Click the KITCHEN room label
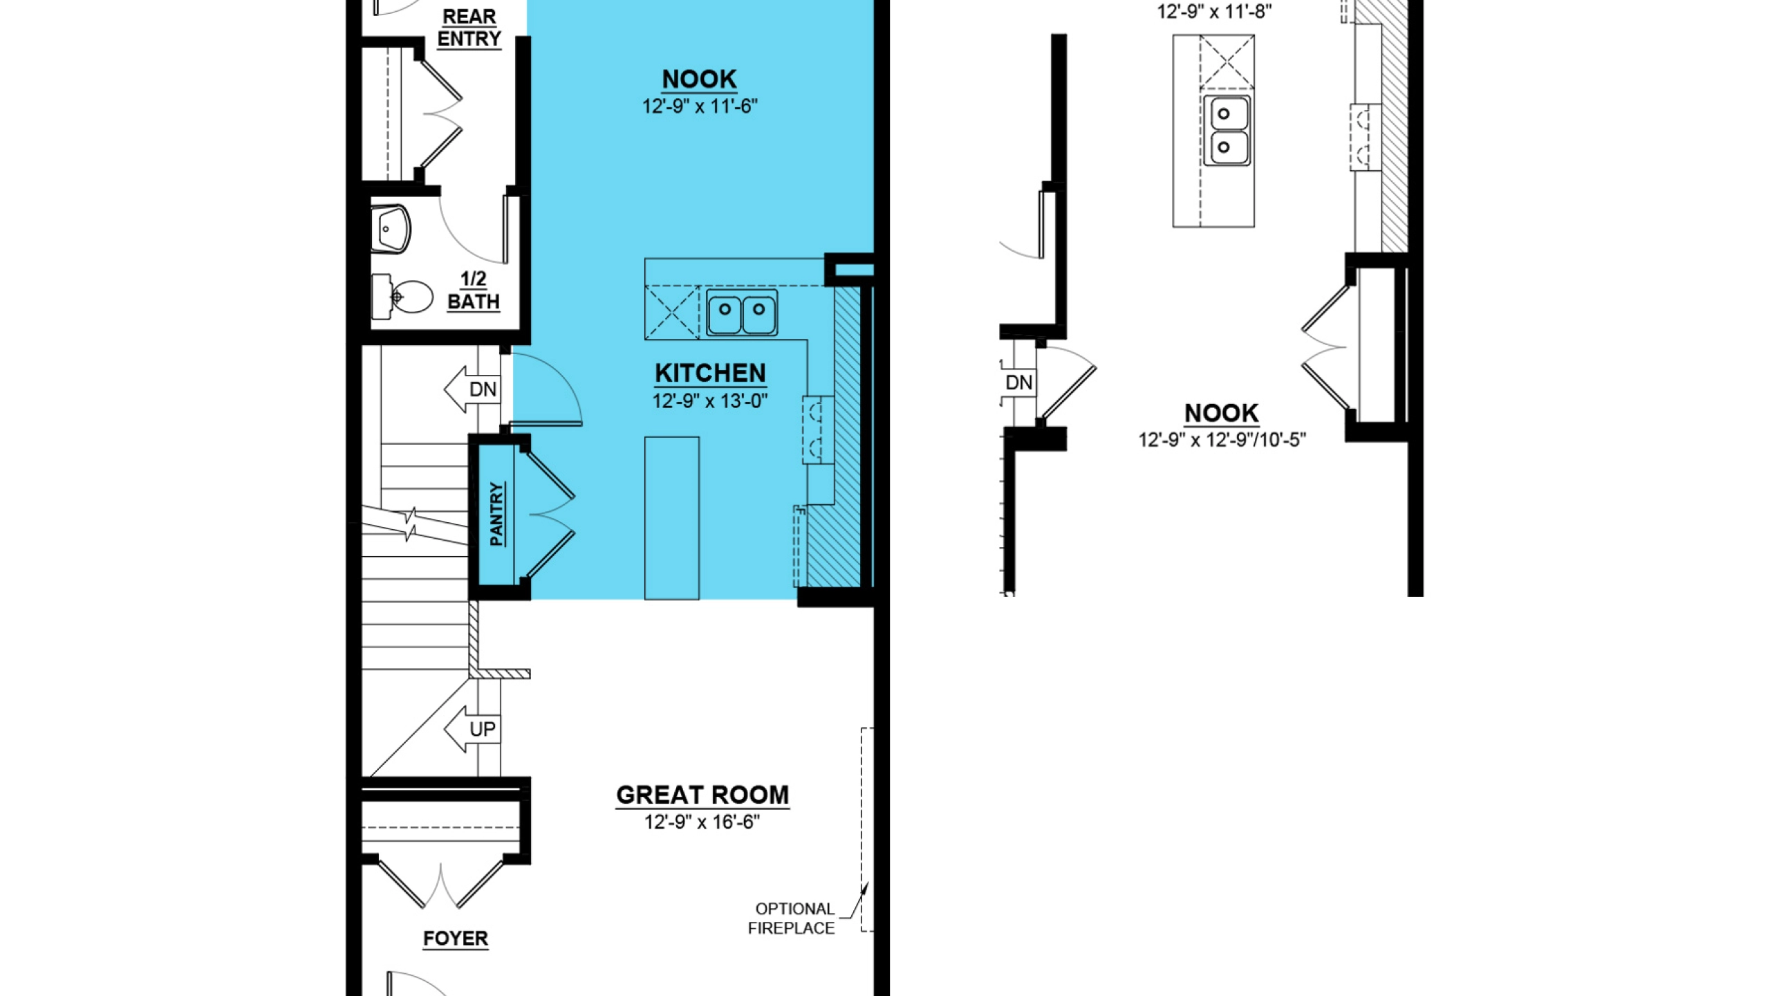(x=710, y=373)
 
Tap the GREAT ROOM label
(x=702, y=795)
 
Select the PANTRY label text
(x=496, y=515)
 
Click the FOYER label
(x=456, y=939)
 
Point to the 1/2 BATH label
(x=474, y=290)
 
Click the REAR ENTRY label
(x=469, y=28)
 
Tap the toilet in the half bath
(x=402, y=297)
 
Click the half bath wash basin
(x=391, y=228)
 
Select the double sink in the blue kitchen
(x=742, y=312)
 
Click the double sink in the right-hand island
(x=1227, y=131)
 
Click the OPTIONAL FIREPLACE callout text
(x=792, y=919)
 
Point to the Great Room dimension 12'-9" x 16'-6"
(x=702, y=822)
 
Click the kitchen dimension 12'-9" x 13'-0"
(x=710, y=401)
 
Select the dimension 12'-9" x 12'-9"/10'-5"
(x=1222, y=440)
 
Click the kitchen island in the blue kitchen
(x=672, y=518)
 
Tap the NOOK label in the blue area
(x=700, y=80)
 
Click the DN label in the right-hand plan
(x=1019, y=382)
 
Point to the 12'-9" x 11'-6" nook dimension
(x=700, y=107)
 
